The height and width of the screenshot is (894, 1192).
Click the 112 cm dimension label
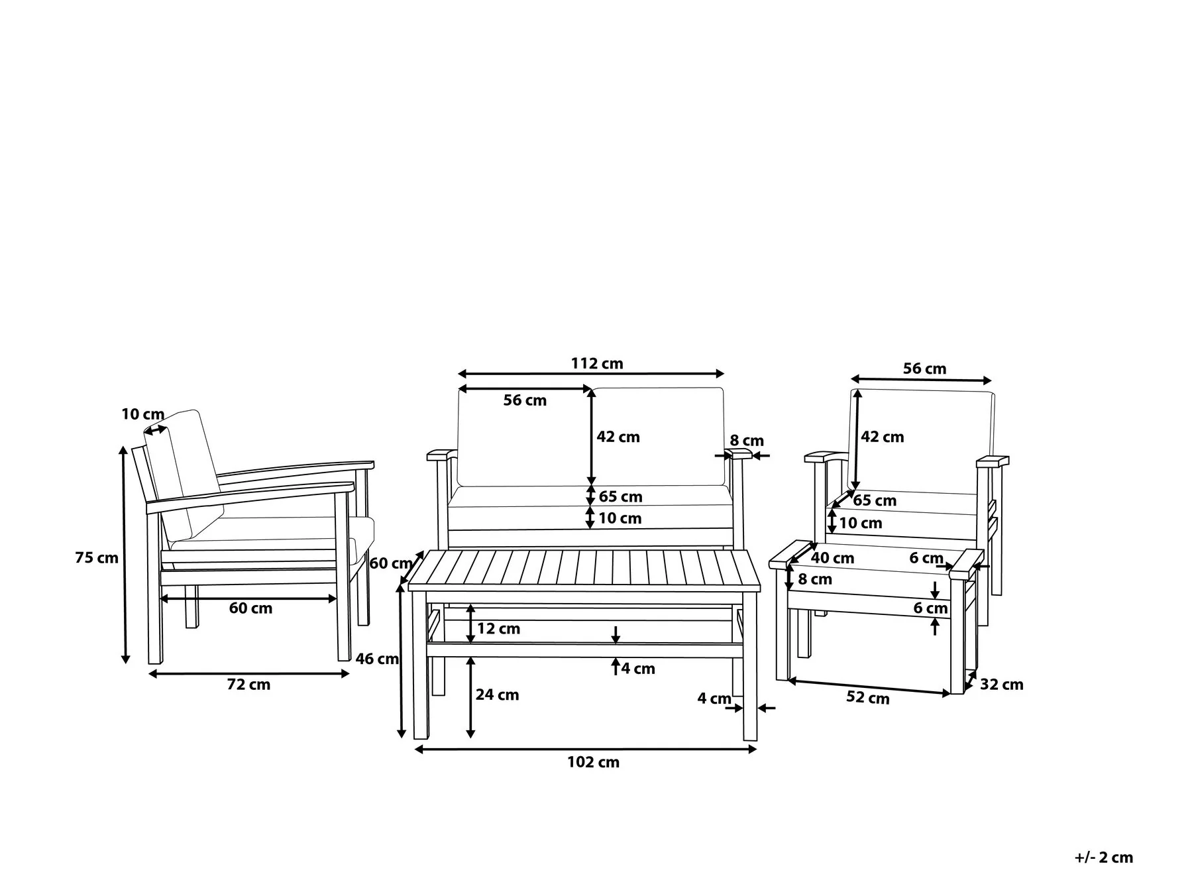click(597, 364)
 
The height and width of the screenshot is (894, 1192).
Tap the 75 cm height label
click(97, 558)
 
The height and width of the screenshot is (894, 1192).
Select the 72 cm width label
click(248, 685)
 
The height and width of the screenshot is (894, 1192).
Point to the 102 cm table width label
click(593, 762)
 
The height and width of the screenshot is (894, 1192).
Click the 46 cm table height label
click(377, 659)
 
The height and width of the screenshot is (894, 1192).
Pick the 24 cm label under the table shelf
click(497, 695)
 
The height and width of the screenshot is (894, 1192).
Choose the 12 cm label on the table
click(498, 628)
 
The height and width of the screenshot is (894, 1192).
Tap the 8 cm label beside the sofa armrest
click(747, 441)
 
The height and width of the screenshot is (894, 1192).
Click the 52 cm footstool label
click(867, 698)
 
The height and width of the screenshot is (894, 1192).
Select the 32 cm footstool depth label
click(1001, 685)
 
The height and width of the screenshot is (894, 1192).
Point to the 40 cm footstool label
click(832, 558)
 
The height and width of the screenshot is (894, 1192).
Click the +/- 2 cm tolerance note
click(1103, 858)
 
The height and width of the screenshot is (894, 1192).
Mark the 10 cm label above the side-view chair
click(142, 415)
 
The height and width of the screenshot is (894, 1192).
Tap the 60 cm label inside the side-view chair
click(250, 608)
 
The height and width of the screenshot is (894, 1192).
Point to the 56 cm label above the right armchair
click(924, 368)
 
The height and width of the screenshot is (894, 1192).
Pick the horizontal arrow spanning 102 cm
click(585, 750)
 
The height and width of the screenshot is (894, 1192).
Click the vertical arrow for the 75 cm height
click(124, 555)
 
